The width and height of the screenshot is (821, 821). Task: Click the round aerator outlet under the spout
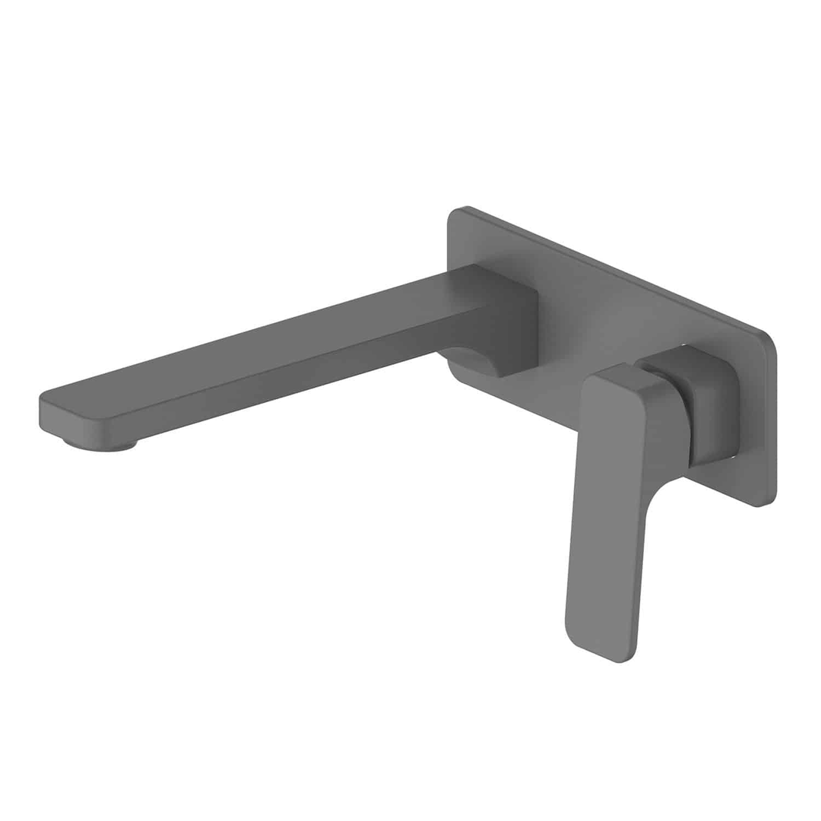100,445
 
